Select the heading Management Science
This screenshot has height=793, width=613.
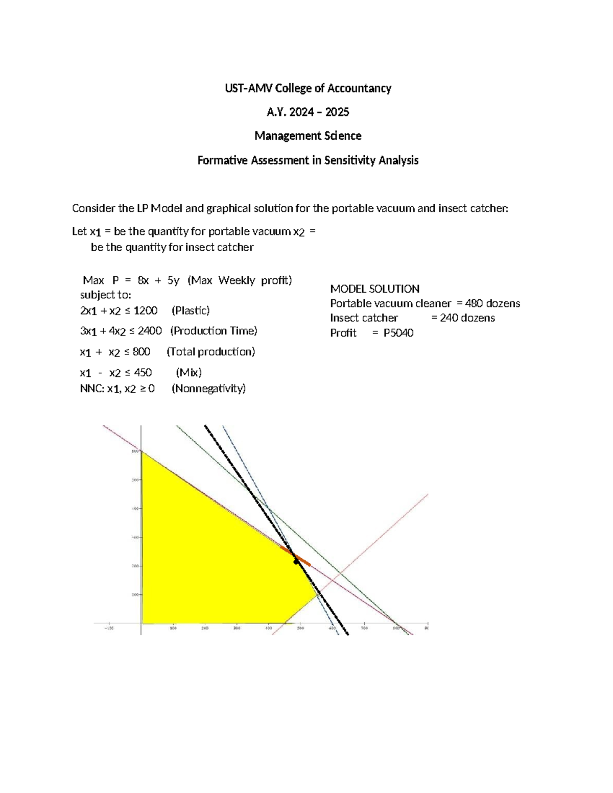pos(308,136)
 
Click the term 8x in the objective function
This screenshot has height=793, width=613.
pos(143,280)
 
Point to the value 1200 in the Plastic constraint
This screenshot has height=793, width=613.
pos(146,310)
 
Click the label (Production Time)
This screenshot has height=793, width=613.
pos(214,331)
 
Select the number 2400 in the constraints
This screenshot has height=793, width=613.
pos(150,331)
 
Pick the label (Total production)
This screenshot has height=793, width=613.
pos(211,351)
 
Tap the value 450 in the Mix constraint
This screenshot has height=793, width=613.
pos(143,372)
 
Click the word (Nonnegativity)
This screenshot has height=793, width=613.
pos(208,389)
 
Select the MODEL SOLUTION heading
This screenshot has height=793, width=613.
pos(374,289)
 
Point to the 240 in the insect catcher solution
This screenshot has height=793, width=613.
pos(449,318)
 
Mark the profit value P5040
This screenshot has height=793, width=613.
pos(398,333)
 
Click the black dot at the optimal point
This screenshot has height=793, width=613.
pos(296,562)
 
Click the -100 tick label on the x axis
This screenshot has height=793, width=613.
pos(109,629)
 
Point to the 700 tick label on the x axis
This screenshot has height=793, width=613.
pos(364,629)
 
